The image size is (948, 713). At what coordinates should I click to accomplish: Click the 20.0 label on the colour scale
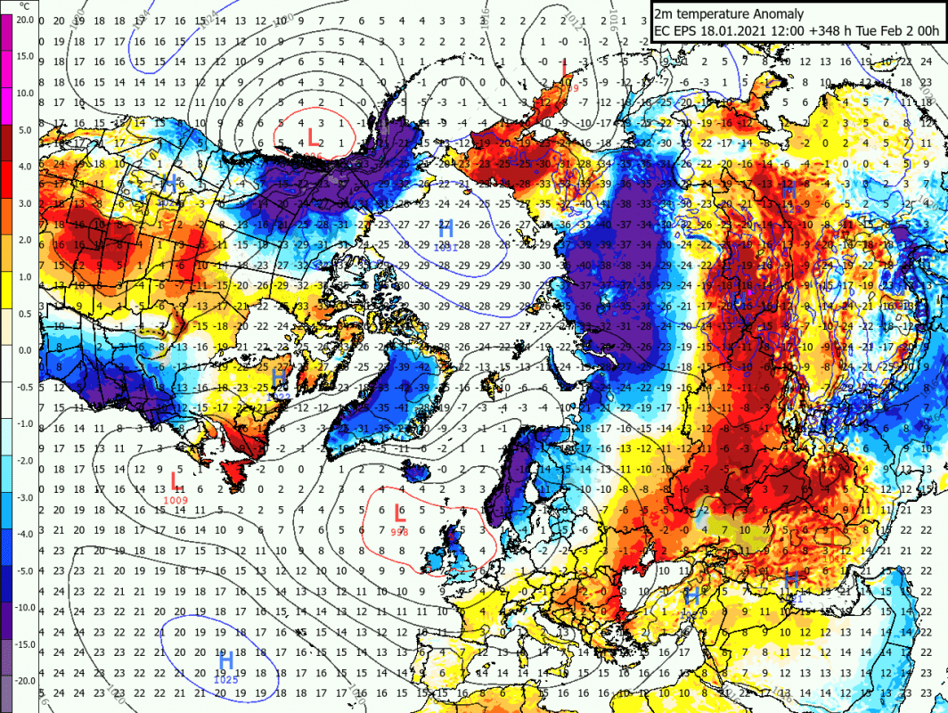pyautogui.click(x=26, y=19)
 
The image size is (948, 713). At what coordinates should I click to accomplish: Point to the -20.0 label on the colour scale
pyautogui.click(x=26, y=680)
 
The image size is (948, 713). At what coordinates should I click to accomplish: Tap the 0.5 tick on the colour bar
pyautogui.click(x=26, y=313)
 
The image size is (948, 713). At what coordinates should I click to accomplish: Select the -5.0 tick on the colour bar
pyautogui.click(x=26, y=570)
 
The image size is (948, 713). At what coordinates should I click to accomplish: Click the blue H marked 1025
pyautogui.click(x=226, y=660)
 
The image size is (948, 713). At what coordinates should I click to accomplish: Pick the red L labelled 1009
pyautogui.click(x=176, y=482)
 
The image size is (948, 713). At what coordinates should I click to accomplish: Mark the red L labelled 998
pyautogui.click(x=399, y=514)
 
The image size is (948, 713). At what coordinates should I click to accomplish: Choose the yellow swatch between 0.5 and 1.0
pyautogui.click(x=7, y=295)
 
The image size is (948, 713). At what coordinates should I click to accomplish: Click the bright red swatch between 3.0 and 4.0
pyautogui.click(x=7, y=184)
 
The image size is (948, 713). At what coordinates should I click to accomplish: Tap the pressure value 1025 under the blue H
pyautogui.click(x=226, y=680)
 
